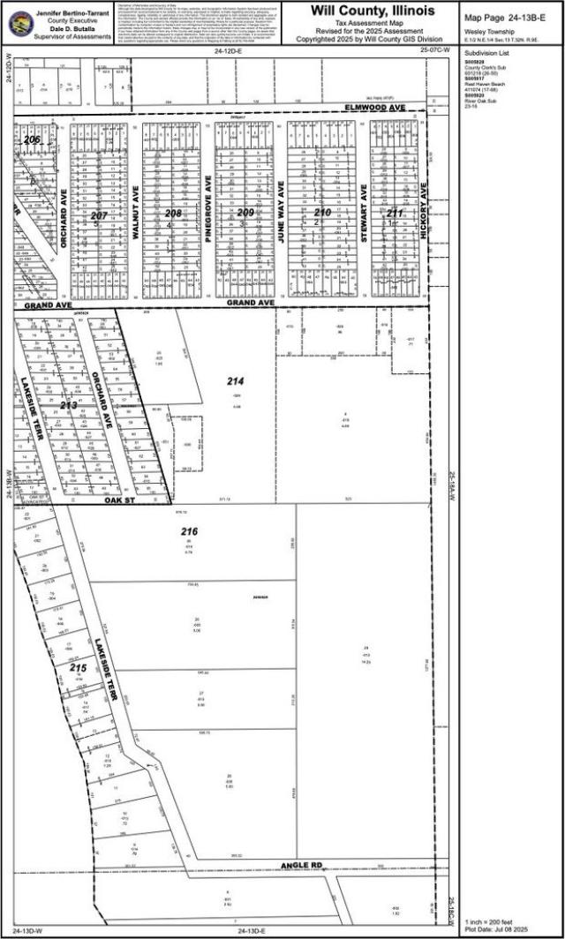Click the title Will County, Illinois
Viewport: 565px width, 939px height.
pos(371,11)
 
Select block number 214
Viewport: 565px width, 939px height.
pos(235,381)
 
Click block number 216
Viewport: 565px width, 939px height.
pos(189,532)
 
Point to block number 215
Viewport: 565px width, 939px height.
pos(78,668)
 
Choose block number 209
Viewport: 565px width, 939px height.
pos(245,213)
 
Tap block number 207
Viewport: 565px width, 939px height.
pos(98,215)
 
